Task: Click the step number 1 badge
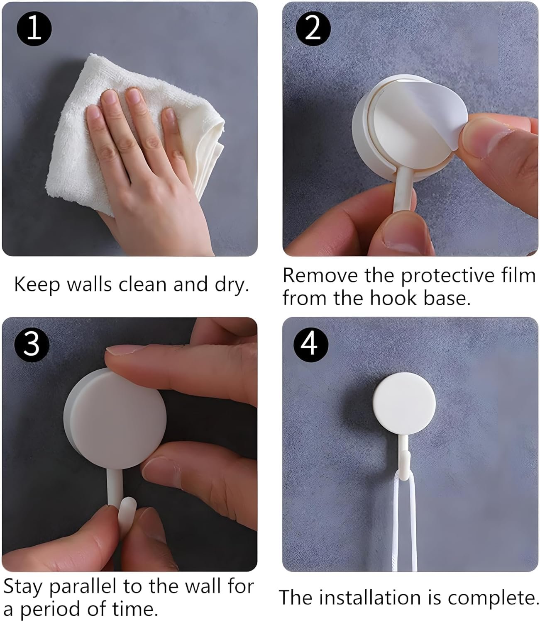(34, 30)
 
